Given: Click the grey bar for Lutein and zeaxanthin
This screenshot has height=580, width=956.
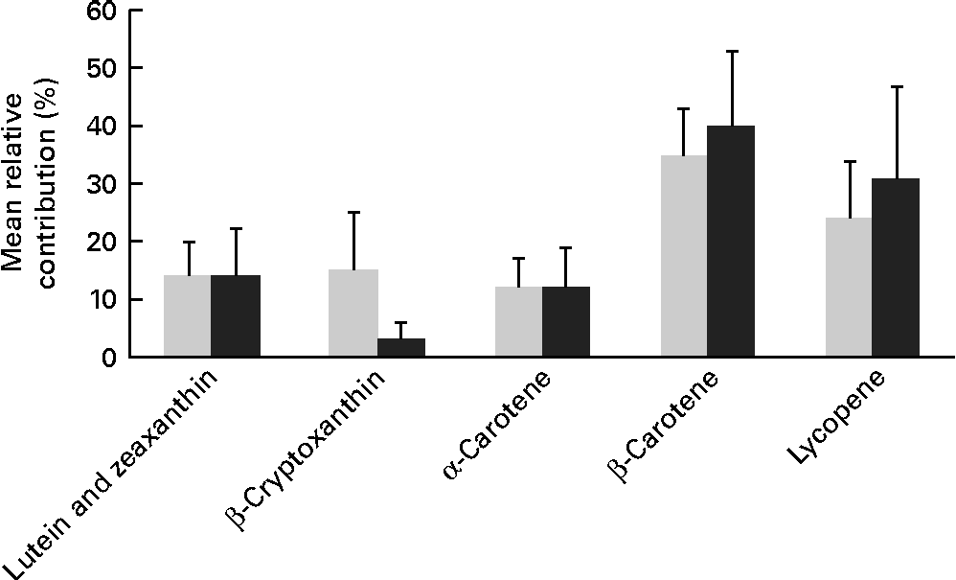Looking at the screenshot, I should [x=188, y=316].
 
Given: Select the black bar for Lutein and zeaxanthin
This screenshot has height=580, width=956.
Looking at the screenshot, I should [x=236, y=316].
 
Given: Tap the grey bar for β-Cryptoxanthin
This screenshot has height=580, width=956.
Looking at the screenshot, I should [x=353, y=313].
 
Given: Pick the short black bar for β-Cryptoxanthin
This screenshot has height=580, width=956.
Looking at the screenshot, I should [x=400, y=347].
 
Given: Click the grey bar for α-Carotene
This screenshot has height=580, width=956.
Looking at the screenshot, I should [x=518, y=322].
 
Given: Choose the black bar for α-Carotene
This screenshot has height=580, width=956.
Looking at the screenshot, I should [x=566, y=322].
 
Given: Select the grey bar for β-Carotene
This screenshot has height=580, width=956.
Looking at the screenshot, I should [x=684, y=256].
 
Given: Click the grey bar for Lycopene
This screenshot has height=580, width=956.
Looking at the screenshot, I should [x=849, y=288].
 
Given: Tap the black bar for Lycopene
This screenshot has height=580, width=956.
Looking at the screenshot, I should [x=897, y=267].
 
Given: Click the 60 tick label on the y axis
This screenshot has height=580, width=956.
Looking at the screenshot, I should [x=98, y=12].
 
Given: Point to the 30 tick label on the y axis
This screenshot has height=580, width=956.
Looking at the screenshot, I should [x=98, y=184].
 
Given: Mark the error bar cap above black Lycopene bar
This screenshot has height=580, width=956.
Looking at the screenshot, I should [x=897, y=87].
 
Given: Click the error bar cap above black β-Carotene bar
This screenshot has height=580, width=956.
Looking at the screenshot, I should [x=732, y=51].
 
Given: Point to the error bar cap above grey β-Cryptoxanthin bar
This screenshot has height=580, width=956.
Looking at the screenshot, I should [x=353, y=212].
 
